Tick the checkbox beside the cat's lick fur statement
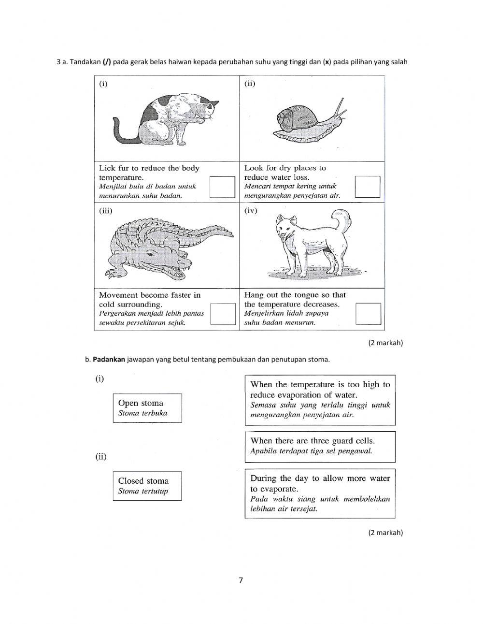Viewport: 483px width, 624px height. pos(222,187)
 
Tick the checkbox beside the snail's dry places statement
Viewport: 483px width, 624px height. pos(368,187)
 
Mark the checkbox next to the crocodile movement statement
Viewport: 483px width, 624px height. pos(223,314)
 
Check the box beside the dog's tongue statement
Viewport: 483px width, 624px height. pos(368,314)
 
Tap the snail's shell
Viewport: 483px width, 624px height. pos(293,119)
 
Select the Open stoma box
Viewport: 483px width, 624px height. pos(147,408)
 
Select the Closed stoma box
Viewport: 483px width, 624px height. pos(147,486)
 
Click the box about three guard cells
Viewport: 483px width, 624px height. pos(320,446)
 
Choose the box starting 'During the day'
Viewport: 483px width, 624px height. pos(320,493)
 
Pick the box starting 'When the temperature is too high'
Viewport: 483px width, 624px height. pos(320,399)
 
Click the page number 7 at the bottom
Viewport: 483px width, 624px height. pos(241,580)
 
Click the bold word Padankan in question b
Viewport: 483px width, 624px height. pos(109,360)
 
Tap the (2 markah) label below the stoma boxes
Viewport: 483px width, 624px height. pos(385,532)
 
